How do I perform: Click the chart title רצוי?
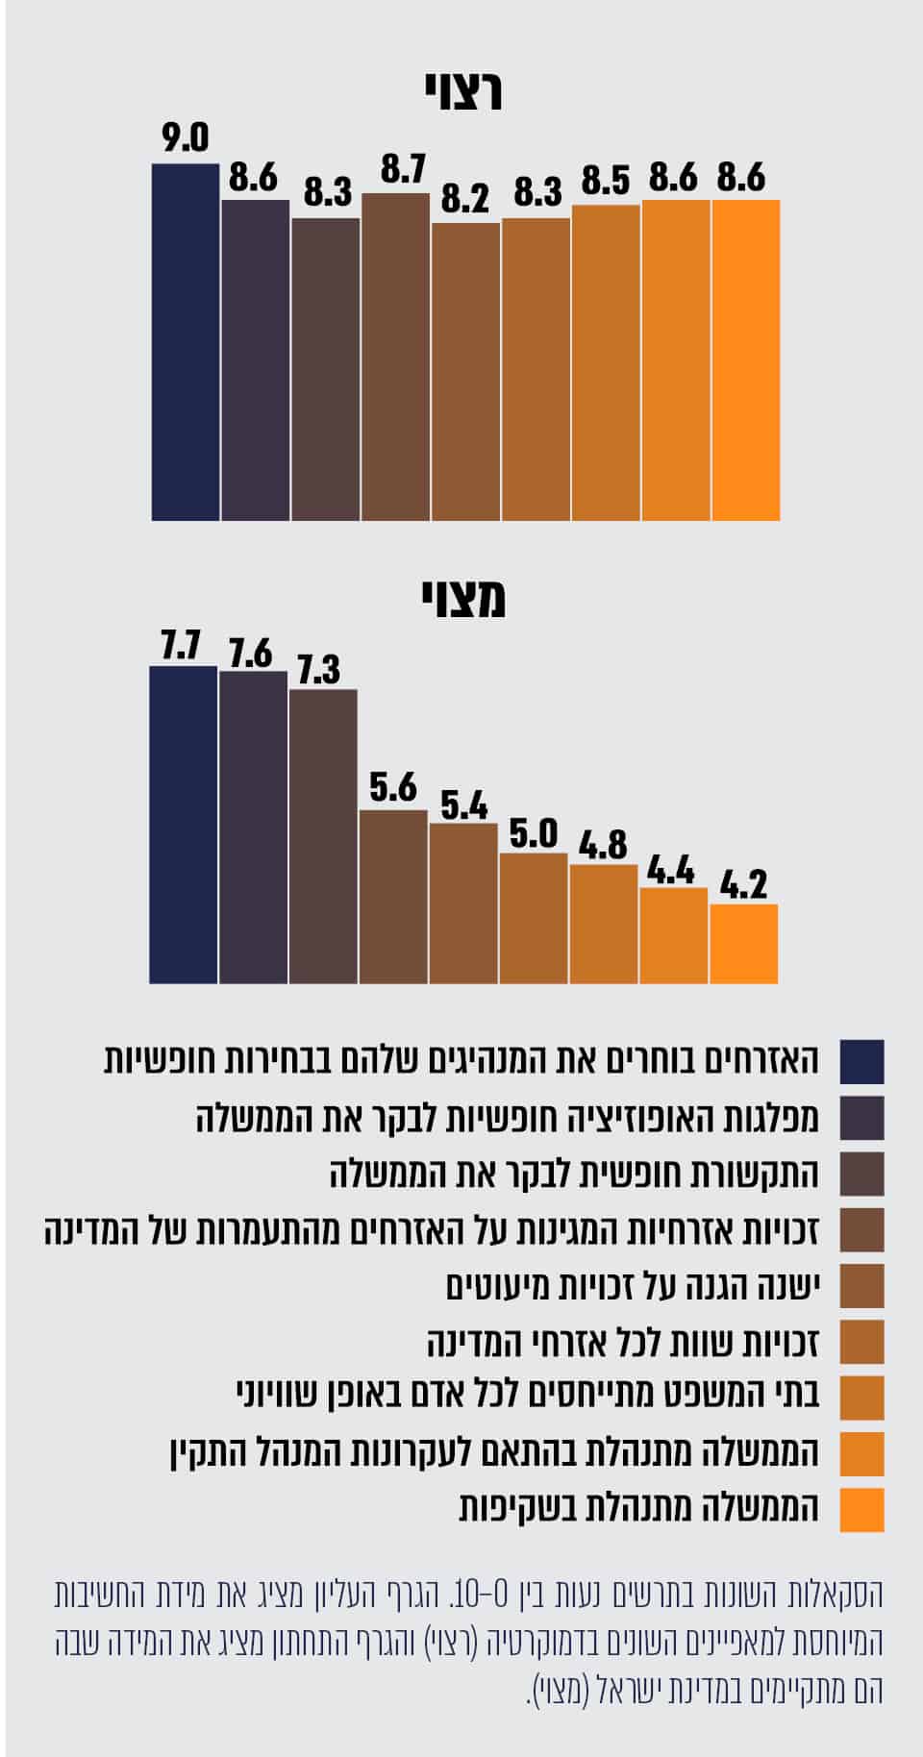point(463,93)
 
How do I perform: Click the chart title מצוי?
point(463,600)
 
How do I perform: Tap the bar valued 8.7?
point(396,356)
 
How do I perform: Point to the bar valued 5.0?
point(534,918)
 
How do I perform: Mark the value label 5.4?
point(464,805)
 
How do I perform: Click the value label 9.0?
point(186,139)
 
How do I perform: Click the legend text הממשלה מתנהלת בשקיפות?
point(639,1507)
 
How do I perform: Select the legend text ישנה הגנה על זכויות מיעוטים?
point(633,1285)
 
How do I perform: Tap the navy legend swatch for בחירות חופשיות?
point(861,1062)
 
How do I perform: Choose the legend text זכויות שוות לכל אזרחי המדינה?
point(623,1341)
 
